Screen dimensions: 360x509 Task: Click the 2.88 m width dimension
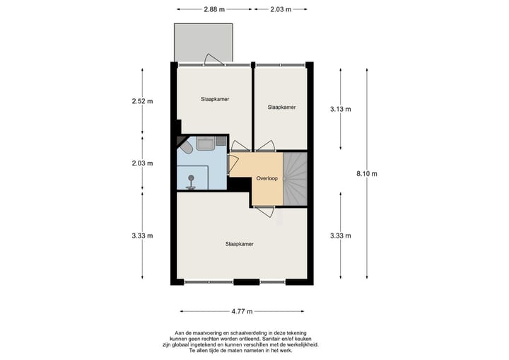213,10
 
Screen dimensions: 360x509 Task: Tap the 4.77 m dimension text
242,310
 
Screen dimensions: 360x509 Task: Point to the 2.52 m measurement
142,102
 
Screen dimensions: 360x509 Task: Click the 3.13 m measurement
341,110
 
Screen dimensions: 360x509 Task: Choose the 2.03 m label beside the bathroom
142,163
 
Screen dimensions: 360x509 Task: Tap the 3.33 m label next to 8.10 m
341,236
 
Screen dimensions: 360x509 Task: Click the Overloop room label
267,179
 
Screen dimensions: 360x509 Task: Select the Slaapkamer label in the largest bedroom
239,244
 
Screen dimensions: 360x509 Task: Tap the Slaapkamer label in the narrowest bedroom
281,108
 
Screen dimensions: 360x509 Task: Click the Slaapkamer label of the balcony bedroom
214,100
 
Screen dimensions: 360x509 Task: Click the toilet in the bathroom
185,148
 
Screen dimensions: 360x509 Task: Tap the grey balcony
204,42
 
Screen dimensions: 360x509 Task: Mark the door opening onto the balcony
211,59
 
